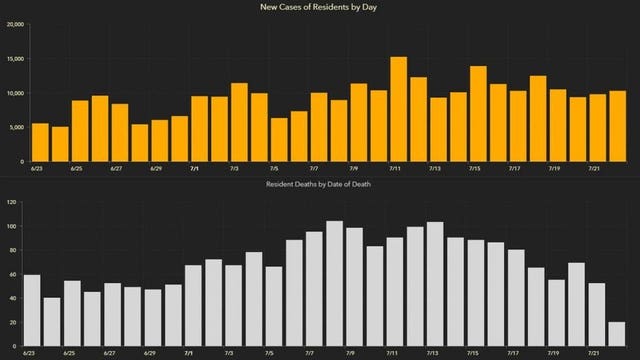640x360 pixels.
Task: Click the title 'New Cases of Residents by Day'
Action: pos(320,7)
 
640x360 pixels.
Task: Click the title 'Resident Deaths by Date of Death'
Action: pos(320,186)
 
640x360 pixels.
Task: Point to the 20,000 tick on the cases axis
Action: pos(14,24)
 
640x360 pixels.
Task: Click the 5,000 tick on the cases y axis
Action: pos(16,127)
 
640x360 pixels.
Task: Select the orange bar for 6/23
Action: pos(40,142)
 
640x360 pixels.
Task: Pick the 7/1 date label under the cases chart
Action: pos(195,170)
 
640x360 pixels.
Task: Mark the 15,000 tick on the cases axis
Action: pos(14,58)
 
